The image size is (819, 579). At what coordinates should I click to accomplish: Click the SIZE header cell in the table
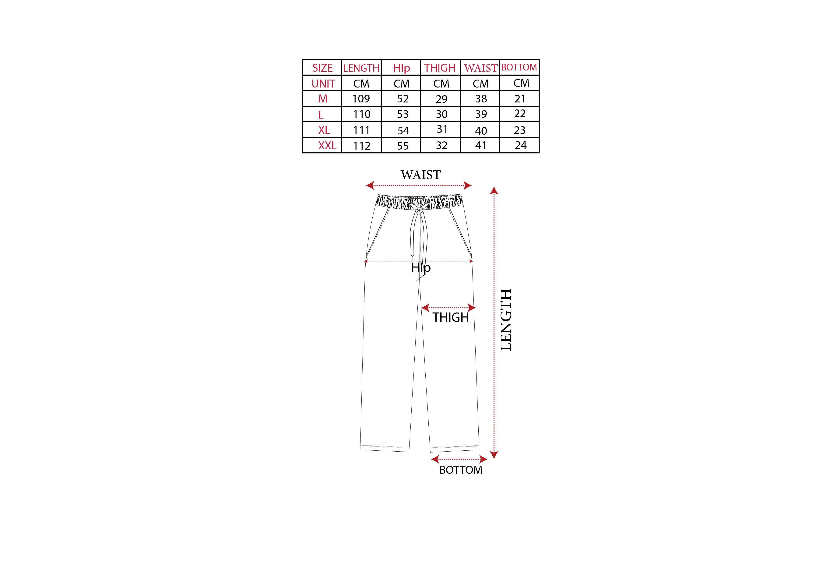point(322,68)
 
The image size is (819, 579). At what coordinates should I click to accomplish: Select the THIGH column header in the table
point(440,68)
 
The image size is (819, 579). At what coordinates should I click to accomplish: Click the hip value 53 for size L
point(403,114)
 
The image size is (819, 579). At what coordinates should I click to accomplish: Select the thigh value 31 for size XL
point(442,129)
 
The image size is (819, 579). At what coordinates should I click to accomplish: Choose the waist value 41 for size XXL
point(481,145)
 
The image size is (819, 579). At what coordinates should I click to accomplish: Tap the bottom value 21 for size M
point(520,99)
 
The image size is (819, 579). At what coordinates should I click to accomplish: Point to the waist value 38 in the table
point(481,99)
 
